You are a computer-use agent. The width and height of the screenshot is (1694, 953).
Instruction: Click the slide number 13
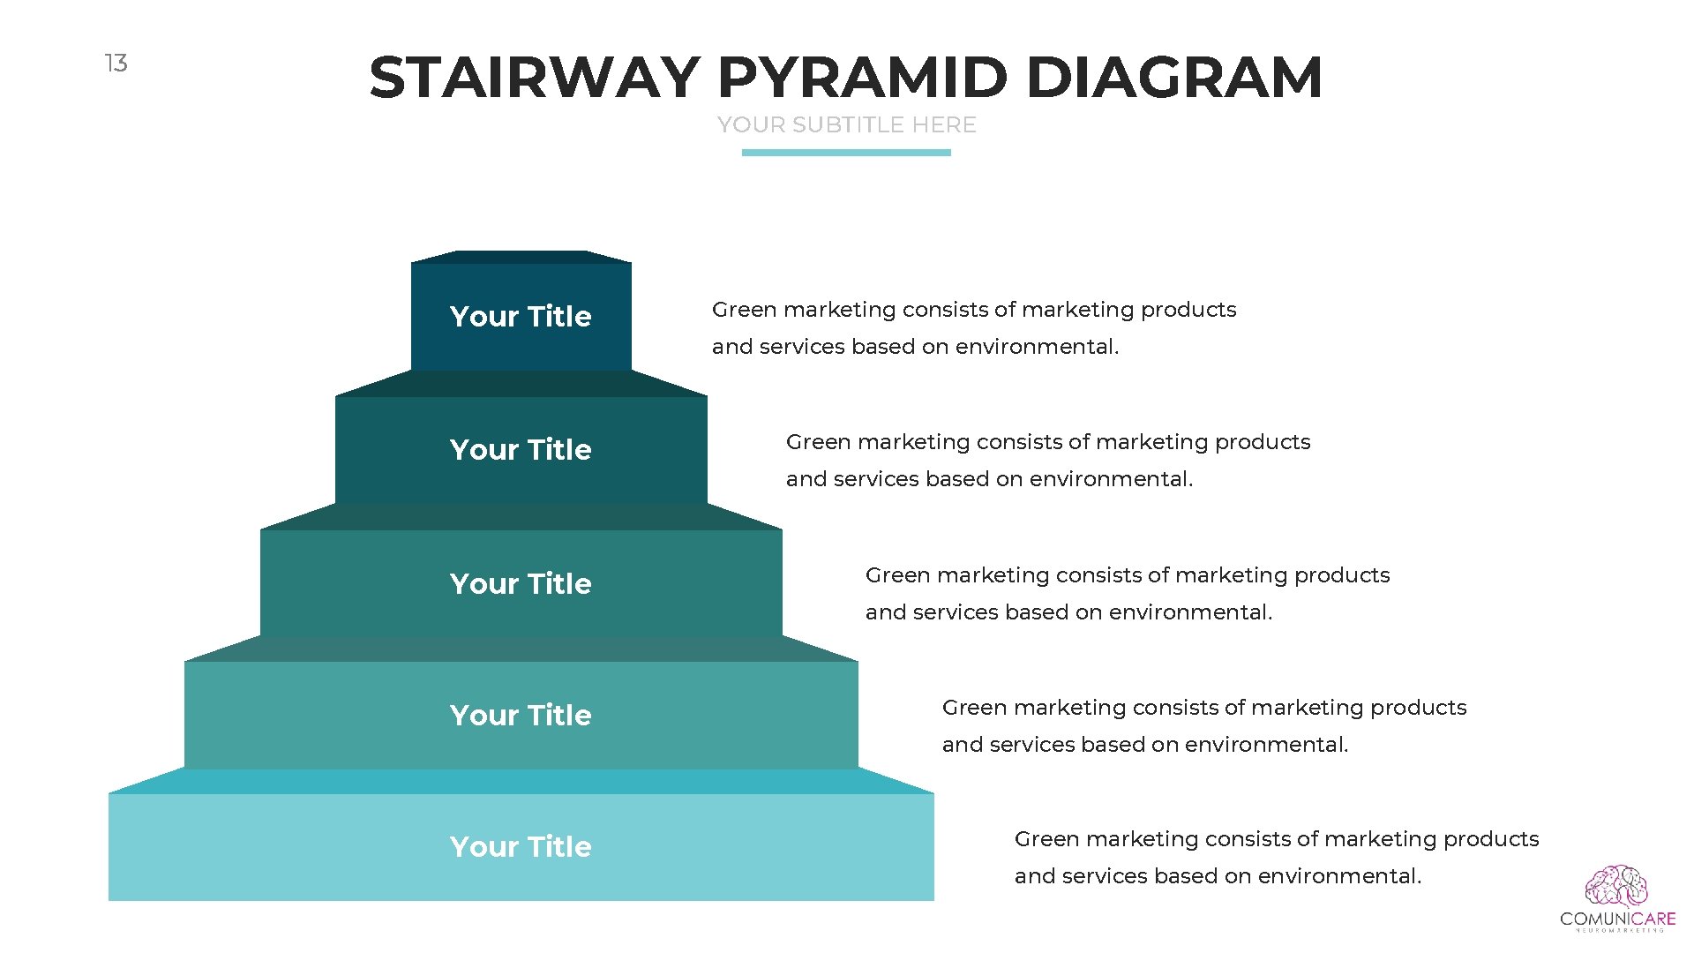coord(116,64)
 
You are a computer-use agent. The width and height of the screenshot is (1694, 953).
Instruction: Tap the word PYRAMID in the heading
coord(862,78)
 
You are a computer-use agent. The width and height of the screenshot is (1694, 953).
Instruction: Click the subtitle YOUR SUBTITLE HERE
coord(846,125)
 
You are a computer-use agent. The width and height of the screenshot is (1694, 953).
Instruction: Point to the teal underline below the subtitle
coord(846,153)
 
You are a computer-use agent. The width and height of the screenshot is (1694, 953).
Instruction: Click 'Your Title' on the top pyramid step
coord(521,317)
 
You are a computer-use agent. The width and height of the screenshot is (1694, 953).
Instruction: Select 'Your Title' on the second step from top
coord(521,450)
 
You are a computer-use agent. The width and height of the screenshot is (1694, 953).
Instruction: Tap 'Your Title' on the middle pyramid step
coord(521,584)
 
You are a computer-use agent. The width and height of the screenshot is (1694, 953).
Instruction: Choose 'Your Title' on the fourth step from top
coord(521,716)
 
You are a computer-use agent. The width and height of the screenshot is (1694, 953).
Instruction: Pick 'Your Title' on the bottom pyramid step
coord(521,847)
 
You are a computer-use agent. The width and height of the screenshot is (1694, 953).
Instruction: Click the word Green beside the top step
coord(744,310)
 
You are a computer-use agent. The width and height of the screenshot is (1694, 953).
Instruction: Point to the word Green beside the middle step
coord(897,575)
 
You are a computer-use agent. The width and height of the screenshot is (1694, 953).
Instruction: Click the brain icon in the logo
coord(1616,887)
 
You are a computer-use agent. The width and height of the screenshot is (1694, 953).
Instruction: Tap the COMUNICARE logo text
coord(1617,919)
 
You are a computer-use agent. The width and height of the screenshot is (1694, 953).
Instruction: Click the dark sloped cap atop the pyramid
coord(521,257)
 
